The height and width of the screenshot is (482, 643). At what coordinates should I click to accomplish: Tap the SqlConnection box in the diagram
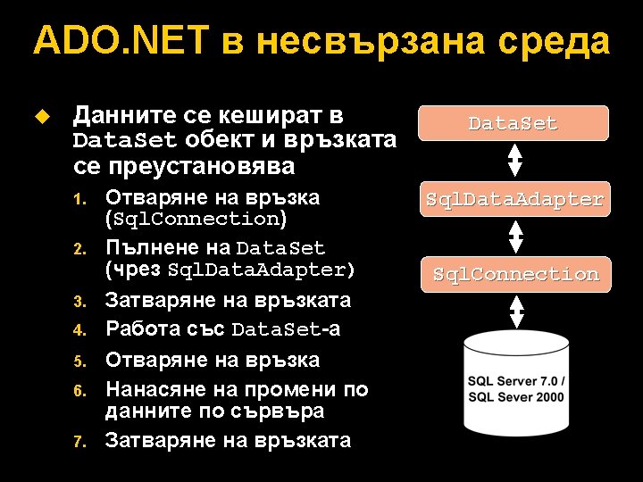pos(515,274)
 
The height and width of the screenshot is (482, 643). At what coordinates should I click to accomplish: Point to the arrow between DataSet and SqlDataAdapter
pos(514,161)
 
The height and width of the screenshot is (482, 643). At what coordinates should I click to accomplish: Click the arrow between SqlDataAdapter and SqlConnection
pos(515,237)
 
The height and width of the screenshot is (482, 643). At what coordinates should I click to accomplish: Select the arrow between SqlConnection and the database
pos(515,312)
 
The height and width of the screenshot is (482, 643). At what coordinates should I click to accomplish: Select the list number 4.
pos(79,332)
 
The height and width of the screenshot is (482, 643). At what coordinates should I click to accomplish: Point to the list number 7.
pos(79,442)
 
